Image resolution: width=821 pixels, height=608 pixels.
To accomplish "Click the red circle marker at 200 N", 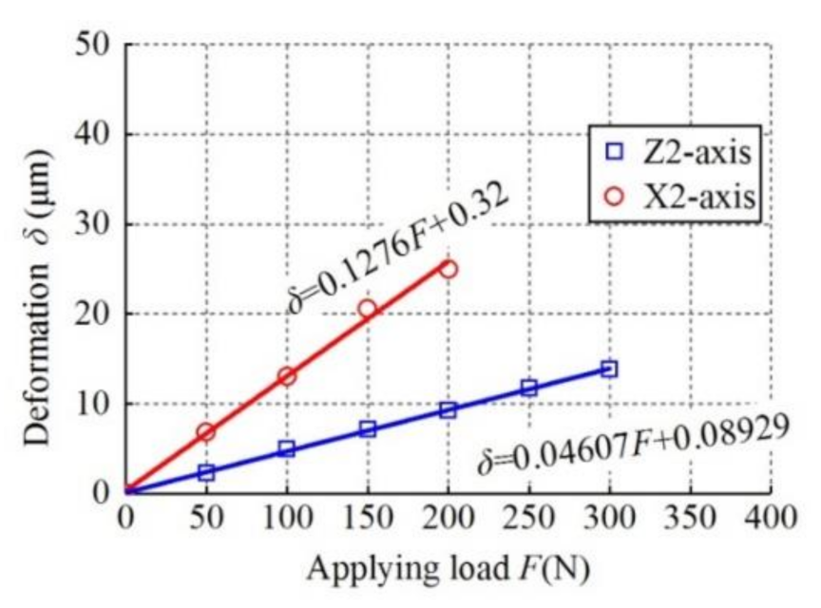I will (x=449, y=269).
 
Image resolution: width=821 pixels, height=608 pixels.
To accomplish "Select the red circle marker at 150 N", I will (x=367, y=309).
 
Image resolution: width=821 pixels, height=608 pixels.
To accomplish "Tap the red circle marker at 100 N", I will (x=287, y=376).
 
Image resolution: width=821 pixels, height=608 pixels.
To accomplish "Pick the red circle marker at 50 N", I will (x=205, y=432).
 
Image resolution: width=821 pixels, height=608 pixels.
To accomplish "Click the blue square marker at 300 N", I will (x=609, y=369).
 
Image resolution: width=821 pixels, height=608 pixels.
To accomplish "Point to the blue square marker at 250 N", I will (x=528, y=388).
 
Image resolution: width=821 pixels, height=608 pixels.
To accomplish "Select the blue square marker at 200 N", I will (x=449, y=409).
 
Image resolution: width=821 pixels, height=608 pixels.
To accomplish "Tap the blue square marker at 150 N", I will (x=367, y=428).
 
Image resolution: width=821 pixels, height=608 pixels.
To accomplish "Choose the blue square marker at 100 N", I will (x=287, y=448).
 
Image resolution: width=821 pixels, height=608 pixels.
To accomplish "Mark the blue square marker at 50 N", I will (x=205, y=472).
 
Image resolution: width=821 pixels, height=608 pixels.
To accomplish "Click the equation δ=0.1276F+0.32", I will (x=399, y=246).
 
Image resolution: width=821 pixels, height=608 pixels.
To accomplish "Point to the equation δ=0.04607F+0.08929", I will (x=632, y=445).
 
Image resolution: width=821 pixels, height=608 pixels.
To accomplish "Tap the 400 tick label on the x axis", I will (x=770, y=518).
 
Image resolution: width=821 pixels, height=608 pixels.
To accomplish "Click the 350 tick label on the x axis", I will (x=689, y=518).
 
